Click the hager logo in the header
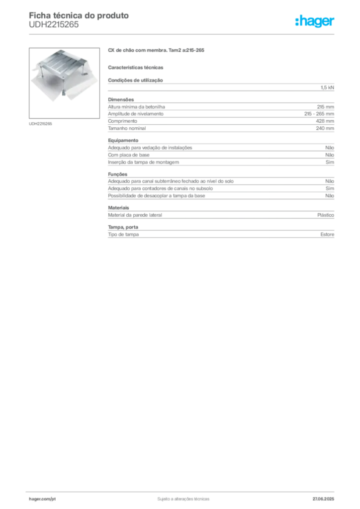pyautogui.click(x=315, y=21)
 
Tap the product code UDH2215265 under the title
pyautogui.click(x=54, y=25)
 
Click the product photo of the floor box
pyautogui.click(x=64, y=83)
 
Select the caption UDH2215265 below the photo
pyautogui.click(x=40, y=124)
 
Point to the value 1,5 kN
pyautogui.click(x=327, y=87)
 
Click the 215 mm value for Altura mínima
pyautogui.click(x=325, y=107)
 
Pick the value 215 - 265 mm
pyautogui.click(x=319, y=114)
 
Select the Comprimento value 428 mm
pyautogui.click(x=325, y=121)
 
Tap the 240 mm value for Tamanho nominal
pyautogui.click(x=325, y=128)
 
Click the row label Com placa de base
pyautogui.click(x=129, y=155)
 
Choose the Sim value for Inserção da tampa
pyautogui.click(x=330, y=162)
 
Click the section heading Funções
pyautogui.click(x=117, y=174)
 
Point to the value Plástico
pyautogui.click(x=326, y=215)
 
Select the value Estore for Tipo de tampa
pyautogui.click(x=327, y=235)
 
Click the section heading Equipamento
pyautogui.click(x=123, y=141)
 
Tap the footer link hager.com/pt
pyautogui.click(x=42, y=499)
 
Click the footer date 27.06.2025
pyautogui.click(x=323, y=499)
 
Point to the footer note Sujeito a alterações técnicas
pyautogui.click(x=183, y=499)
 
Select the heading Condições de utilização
pyautogui.click(x=135, y=80)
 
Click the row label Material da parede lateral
pyautogui.click(x=135, y=215)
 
